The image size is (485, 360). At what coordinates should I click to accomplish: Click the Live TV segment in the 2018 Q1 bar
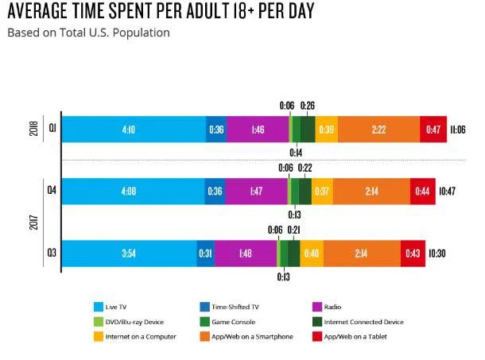pos(134,130)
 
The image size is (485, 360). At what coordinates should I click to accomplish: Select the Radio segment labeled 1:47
pos(256,192)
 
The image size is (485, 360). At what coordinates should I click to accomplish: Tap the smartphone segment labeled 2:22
pos(378,130)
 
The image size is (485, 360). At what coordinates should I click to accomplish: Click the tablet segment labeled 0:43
pos(412,254)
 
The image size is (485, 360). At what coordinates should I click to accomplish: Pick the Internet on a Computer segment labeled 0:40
pos(312,254)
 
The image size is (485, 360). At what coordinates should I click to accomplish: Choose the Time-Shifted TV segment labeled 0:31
pos(205,254)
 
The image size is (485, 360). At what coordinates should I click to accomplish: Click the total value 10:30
pos(438,254)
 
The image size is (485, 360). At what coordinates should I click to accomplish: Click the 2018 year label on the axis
pos(33,129)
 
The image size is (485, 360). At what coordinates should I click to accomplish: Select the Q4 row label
pos(51,192)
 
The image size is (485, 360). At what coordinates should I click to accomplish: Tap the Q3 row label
pos(51,254)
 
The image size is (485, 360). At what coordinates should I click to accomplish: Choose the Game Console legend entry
pos(231,322)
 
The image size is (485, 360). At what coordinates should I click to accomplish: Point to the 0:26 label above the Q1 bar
pos(307,105)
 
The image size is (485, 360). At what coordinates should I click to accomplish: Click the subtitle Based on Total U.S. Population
pos(87,33)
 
